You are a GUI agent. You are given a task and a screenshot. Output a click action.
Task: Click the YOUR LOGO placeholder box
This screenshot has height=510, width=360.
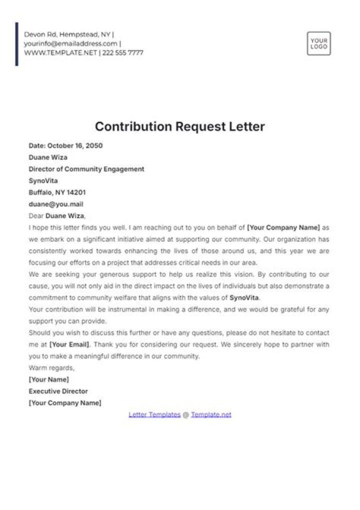click(x=318, y=44)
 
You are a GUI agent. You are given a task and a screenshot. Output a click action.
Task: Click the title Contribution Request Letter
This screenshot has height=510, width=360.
click(x=179, y=127)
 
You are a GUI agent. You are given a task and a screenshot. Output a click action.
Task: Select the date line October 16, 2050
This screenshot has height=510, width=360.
click(x=65, y=146)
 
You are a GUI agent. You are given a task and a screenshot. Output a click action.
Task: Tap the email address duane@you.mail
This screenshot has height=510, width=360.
click(x=56, y=204)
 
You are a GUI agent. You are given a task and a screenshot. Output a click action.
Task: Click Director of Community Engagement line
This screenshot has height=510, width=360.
click(x=86, y=169)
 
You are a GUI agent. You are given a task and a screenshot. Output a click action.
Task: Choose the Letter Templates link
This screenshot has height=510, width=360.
click(x=154, y=415)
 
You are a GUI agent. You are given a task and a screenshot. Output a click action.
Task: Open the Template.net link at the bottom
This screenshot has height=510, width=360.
click(x=211, y=415)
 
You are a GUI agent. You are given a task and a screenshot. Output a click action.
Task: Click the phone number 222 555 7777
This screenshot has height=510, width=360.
click(x=123, y=53)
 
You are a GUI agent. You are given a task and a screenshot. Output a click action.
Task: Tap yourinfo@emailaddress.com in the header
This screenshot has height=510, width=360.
click(x=70, y=44)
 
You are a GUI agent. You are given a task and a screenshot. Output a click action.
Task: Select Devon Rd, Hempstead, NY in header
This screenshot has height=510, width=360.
click(x=67, y=35)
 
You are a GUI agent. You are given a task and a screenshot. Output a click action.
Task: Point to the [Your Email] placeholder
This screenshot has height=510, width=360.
click(x=70, y=344)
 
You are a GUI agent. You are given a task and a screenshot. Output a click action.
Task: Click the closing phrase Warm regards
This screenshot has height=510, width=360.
click(x=51, y=368)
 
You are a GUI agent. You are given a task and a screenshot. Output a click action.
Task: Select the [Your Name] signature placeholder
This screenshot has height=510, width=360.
click(x=49, y=379)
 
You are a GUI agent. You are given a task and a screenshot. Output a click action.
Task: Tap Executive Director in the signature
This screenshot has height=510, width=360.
click(x=58, y=391)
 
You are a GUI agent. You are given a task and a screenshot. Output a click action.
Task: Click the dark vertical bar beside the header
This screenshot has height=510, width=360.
click(x=17, y=44)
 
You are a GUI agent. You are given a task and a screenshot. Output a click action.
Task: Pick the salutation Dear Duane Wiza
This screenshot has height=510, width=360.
click(x=57, y=216)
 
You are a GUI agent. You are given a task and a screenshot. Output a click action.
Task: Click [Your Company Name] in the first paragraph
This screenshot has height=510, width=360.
click(x=283, y=228)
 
